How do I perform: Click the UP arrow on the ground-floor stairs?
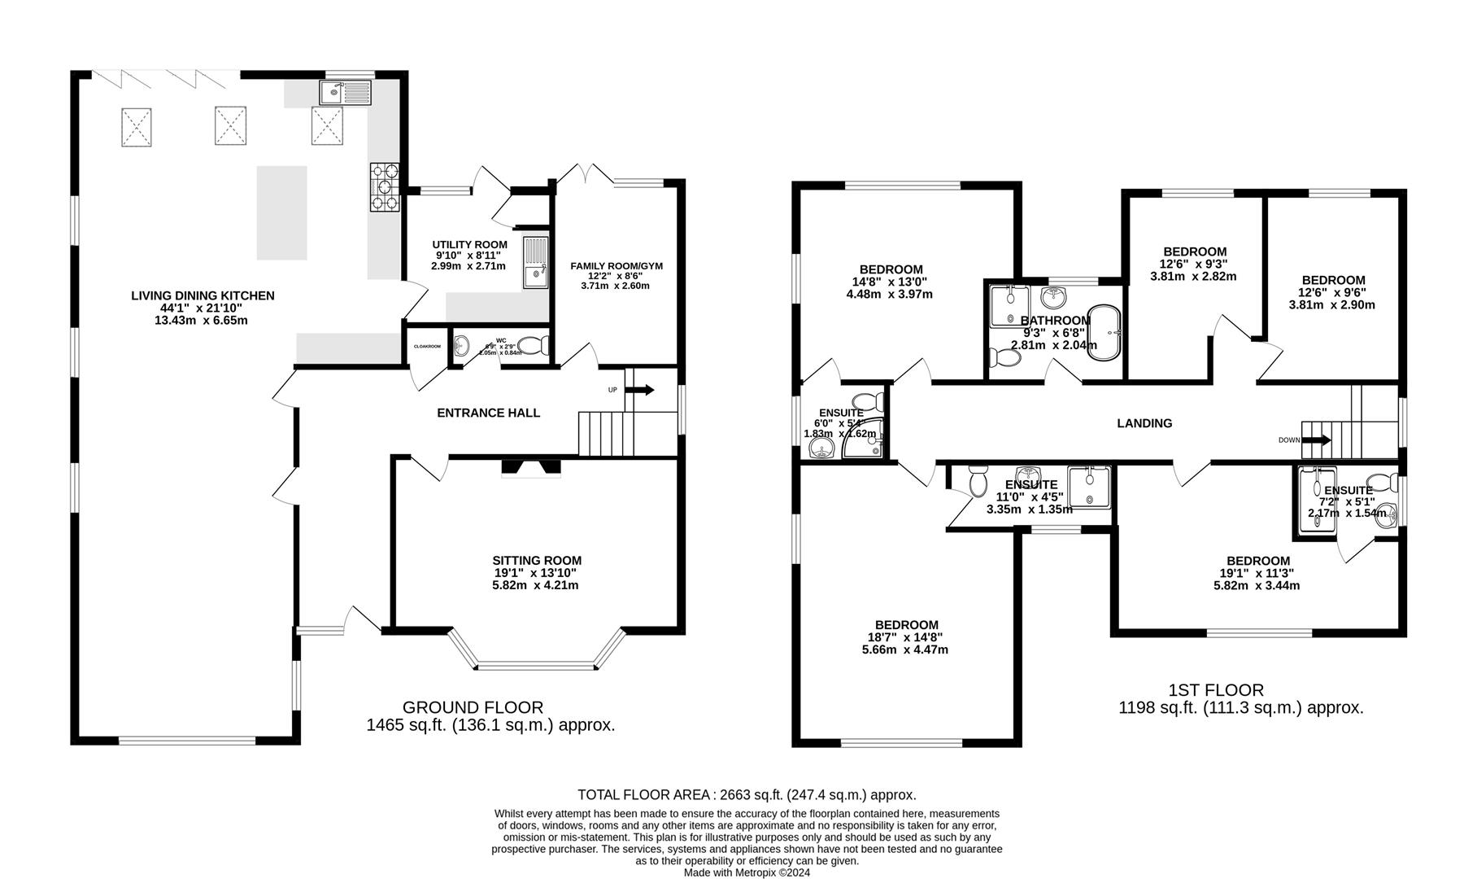[640, 390]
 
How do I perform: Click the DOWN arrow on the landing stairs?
[1318, 440]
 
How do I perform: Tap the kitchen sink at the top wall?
[346, 93]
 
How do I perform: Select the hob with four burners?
[386, 188]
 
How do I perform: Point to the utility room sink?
[536, 263]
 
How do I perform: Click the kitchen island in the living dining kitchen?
[282, 212]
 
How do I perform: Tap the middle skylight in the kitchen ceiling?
[231, 127]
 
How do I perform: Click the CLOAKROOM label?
[427, 347]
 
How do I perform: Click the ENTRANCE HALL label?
[488, 413]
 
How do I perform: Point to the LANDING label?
[1144, 423]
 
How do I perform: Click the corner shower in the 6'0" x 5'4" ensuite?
[864, 439]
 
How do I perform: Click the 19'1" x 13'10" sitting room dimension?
[537, 573]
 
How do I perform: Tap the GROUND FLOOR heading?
[473, 707]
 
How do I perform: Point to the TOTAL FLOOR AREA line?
[747, 794]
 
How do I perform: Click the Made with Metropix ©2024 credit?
[747, 872]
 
